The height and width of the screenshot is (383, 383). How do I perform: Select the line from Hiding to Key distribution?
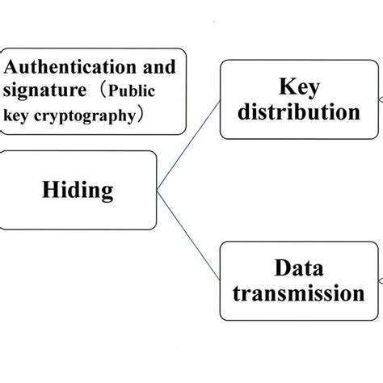pos(188,151)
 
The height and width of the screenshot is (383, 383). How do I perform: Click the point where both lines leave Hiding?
pos(157,191)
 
